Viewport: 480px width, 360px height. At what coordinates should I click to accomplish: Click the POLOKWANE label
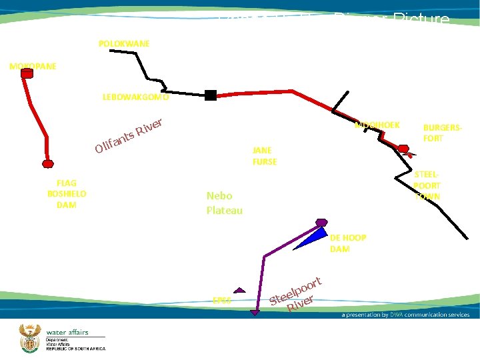(124, 43)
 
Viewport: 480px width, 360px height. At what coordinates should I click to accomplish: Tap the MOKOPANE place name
(32, 67)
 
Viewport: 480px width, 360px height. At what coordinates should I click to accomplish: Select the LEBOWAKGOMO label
(135, 97)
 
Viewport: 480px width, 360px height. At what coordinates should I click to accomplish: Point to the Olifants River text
(129, 134)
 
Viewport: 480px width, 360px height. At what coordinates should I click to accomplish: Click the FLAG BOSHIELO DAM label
(67, 193)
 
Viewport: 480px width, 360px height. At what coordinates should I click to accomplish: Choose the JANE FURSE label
(265, 156)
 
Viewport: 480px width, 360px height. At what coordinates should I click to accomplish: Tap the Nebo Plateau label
(225, 203)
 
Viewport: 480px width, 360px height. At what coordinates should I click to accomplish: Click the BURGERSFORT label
(443, 132)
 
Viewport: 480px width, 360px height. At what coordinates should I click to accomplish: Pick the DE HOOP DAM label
(347, 243)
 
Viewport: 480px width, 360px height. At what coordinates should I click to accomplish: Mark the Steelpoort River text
(297, 293)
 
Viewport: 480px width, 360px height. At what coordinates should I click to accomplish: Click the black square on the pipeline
(211, 95)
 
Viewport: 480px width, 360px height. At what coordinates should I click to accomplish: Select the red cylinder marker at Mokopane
(27, 73)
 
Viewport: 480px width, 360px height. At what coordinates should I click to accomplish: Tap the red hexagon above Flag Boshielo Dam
(47, 163)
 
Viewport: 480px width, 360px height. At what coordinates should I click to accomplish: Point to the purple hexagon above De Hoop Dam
(321, 222)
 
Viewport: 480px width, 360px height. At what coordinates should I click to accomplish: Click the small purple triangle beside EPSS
(240, 291)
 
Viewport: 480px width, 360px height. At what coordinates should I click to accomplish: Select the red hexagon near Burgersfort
(403, 148)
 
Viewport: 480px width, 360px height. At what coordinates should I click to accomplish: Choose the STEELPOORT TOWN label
(427, 185)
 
